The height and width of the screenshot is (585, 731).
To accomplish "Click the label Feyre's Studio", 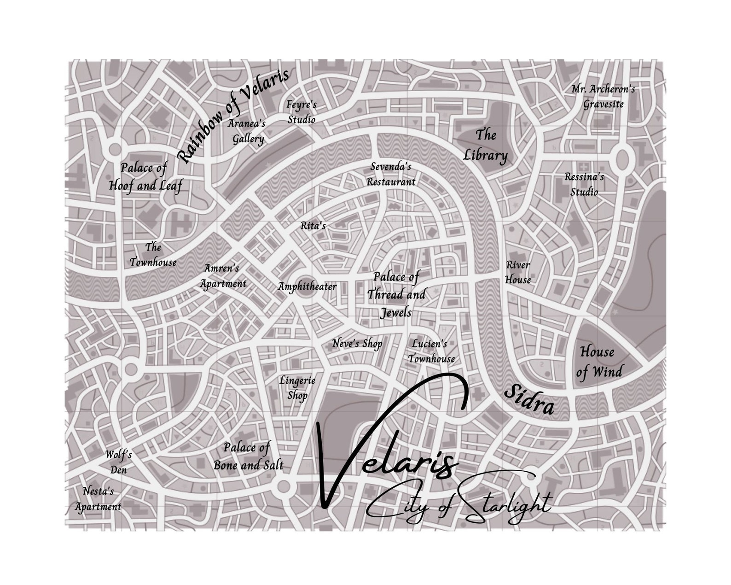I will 302,112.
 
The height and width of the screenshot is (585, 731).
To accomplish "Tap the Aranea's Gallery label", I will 248,131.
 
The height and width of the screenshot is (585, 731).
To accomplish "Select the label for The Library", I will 485,145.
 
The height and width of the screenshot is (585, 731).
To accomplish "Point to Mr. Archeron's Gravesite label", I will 603,96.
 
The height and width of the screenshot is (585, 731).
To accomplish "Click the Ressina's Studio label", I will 584,184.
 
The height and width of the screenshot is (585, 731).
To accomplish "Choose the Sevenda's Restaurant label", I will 391,174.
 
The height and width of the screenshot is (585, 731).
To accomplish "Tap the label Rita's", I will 313,226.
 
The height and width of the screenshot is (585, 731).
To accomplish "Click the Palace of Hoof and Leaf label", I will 145,177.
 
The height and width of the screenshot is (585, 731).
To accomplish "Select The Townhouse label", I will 153,255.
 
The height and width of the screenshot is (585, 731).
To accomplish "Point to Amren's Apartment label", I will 223,276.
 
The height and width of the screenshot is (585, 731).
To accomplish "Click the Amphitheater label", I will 307,287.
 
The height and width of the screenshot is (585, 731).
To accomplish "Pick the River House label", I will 518,272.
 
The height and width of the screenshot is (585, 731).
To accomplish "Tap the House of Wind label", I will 598,362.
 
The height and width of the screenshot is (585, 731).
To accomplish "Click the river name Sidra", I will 529,400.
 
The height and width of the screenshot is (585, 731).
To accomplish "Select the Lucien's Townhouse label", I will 431,351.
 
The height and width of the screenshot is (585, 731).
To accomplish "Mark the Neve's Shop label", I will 357,344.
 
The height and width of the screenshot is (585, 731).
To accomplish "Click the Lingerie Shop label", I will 297,388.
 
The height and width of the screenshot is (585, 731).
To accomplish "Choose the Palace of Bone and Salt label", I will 248,456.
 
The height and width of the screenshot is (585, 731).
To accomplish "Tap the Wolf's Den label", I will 118,462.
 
